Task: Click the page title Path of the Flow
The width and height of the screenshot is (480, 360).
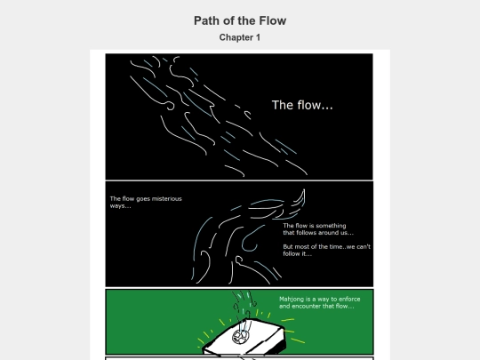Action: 240,20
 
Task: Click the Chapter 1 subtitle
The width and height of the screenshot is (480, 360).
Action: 240,37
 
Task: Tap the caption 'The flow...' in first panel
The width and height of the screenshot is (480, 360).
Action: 302,105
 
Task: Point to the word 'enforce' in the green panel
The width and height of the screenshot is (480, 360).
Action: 349,299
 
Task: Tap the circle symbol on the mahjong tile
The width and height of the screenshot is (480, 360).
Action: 241,336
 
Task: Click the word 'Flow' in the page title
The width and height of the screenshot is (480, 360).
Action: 273,20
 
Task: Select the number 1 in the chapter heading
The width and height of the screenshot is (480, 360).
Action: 258,37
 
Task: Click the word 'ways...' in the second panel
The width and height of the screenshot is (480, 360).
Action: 120,206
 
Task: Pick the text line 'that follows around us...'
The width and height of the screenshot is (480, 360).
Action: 318,233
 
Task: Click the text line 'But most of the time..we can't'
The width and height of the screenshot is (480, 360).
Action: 326,247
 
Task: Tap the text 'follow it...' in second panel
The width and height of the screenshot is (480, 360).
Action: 297,253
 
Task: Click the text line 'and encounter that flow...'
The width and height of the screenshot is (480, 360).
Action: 316,306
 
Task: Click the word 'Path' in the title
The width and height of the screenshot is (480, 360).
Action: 207,20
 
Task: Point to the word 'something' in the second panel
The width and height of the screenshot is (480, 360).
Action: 331,226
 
